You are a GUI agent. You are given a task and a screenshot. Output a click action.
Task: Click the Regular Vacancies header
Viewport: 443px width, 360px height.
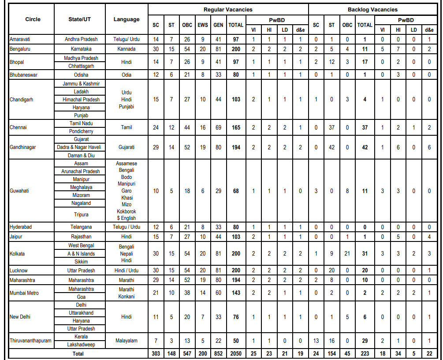tap(228, 9)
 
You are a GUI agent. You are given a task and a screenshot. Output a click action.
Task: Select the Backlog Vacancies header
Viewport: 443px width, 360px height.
tap(372, 9)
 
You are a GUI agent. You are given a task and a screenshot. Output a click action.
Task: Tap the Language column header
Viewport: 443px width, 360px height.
tap(127, 19)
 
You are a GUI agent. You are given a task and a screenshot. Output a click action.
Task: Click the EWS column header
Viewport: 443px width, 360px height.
tap(203, 25)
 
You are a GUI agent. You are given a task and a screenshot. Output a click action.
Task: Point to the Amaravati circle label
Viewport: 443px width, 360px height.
tap(21, 39)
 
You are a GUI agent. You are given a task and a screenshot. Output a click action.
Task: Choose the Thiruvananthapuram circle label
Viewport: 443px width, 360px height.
tap(30, 341)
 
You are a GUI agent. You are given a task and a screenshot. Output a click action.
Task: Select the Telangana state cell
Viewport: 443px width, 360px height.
tap(81, 227)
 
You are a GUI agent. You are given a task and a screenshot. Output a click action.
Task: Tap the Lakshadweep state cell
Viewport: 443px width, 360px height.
tap(81, 345)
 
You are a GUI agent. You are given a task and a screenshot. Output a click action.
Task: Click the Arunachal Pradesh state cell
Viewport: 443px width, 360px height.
tap(81, 171)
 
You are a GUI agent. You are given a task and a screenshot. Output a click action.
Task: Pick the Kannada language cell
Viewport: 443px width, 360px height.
tap(127, 48)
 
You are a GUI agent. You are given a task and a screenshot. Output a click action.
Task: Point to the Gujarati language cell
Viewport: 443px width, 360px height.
tap(127, 147)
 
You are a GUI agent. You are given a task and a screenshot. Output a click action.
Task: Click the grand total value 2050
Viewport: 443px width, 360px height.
tap(236, 354)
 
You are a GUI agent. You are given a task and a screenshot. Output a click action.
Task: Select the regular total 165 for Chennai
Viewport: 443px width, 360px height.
tap(236, 127)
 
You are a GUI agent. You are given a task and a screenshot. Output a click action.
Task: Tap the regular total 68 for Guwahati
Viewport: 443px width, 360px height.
tap(236, 191)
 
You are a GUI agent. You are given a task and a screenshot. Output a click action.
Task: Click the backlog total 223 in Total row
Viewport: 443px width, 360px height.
tap(365, 354)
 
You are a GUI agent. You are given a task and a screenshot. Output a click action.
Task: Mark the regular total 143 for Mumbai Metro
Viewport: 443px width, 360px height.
tap(236, 293)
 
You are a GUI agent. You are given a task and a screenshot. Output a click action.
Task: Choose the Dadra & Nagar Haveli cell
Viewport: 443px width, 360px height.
tap(81, 147)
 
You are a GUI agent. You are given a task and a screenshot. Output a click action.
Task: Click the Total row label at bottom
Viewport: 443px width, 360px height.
tap(78, 354)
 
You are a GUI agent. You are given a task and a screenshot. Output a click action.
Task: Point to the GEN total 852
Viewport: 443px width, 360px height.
tap(218, 354)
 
